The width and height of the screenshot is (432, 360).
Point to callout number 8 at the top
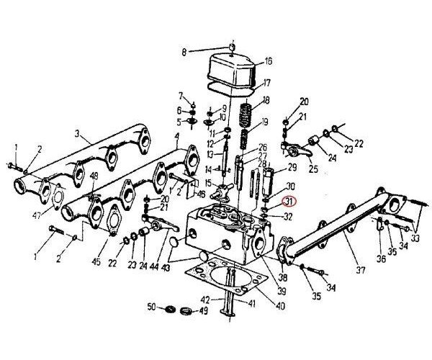pos(184,52)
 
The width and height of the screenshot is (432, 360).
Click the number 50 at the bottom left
pos(151,307)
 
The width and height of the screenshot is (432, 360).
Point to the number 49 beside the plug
pos(204,311)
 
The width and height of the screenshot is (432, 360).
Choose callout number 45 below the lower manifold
pos(95,262)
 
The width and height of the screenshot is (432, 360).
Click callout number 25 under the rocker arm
pos(313,169)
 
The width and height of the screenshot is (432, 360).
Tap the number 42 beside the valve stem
pos(204,300)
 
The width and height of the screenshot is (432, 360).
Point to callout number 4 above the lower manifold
pos(176,136)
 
